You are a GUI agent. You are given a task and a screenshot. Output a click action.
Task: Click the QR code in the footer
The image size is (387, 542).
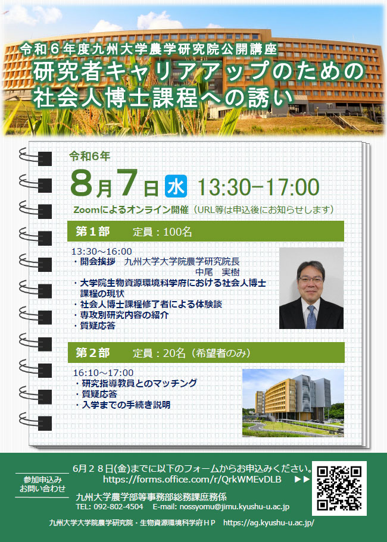(339, 488)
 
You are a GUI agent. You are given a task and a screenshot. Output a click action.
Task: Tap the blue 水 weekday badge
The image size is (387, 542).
(176, 186)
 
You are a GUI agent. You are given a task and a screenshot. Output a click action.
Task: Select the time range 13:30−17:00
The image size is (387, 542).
(258, 187)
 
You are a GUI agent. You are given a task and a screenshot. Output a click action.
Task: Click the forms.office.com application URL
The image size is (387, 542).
(192, 480)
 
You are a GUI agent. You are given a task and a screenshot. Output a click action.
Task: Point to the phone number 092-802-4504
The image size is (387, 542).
(118, 507)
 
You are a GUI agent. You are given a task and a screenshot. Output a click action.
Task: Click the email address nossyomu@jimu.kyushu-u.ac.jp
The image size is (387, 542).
(234, 507)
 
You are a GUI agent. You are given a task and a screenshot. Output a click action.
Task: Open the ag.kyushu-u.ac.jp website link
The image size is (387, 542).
(269, 522)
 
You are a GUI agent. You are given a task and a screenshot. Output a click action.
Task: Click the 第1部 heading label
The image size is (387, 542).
(92, 231)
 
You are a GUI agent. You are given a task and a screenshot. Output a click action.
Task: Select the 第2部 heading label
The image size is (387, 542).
(92, 353)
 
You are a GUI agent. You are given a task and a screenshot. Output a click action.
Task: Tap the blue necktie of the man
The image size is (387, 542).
(311, 317)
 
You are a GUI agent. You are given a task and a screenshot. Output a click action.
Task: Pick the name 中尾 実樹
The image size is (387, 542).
(217, 272)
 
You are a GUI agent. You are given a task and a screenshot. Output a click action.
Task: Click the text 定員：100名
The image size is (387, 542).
(162, 231)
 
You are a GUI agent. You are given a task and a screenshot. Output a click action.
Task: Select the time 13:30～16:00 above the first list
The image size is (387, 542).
(102, 251)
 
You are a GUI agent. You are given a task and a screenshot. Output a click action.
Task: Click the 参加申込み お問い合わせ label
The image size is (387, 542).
(42, 484)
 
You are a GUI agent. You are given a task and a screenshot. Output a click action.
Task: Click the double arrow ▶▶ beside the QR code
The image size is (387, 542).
(302, 480)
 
